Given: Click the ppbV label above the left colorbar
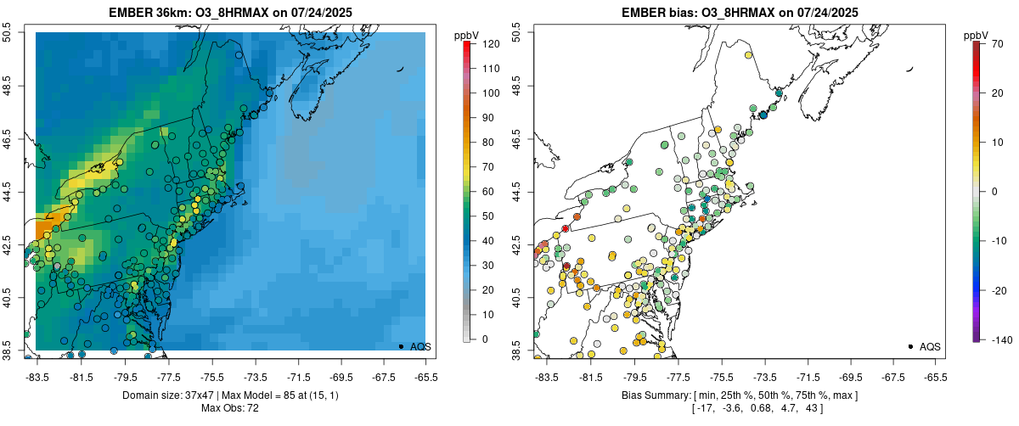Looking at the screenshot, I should click(467, 35).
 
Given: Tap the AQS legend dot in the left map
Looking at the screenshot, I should click(400, 346).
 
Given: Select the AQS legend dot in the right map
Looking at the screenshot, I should click(909, 346).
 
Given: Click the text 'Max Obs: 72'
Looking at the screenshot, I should click(229, 408).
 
